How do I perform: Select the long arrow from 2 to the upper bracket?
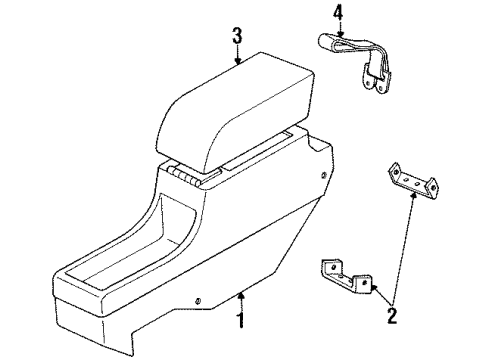click(x=406, y=250)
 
